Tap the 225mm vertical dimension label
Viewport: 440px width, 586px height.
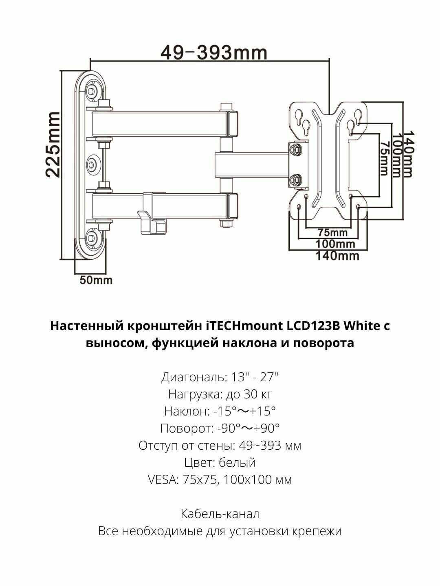pyautogui.click(x=53, y=144)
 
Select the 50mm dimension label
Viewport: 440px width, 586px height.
pyautogui.click(x=96, y=280)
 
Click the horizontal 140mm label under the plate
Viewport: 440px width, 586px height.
pyautogui.click(x=338, y=256)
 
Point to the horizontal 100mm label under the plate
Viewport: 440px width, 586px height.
pyautogui.click(x=336, y=244)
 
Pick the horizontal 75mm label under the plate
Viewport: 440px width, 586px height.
pyautogui.click(x=333, y=232)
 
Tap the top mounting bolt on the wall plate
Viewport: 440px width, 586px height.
pyautogui.click(x=91, y=91)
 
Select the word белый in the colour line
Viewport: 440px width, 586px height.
pyautogui.click(x=237, y=463)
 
